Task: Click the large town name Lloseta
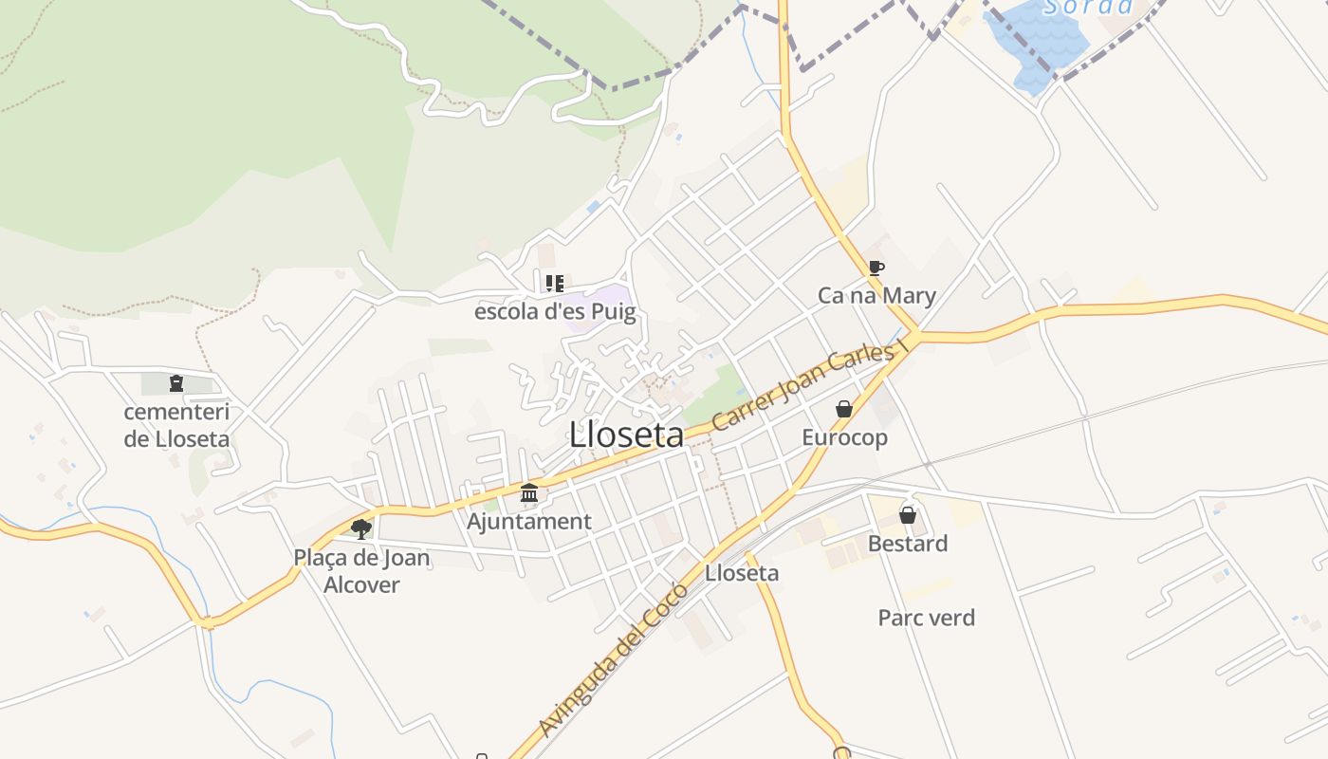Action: pos(626,435)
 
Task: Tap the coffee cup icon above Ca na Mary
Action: pos(876,268)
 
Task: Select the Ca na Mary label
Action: pos(876,296)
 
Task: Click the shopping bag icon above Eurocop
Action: pos(843,409)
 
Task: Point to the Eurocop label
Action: pos(844,437)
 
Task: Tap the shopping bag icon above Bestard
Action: pos(908,515)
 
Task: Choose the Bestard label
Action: pos(908,544)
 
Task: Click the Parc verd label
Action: pos(926,619)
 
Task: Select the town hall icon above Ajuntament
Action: pos(529,493)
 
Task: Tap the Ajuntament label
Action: pos(529,522)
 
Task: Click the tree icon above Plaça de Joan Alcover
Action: pos(360,528)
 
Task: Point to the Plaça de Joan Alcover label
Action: pos(361,571)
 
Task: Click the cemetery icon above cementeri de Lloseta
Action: pos(175,383)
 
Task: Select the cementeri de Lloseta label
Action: pos(176,425)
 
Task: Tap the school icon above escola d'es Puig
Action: pos(554,283)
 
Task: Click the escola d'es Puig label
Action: pos(555,312)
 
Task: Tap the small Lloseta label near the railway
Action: pos(742,573)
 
